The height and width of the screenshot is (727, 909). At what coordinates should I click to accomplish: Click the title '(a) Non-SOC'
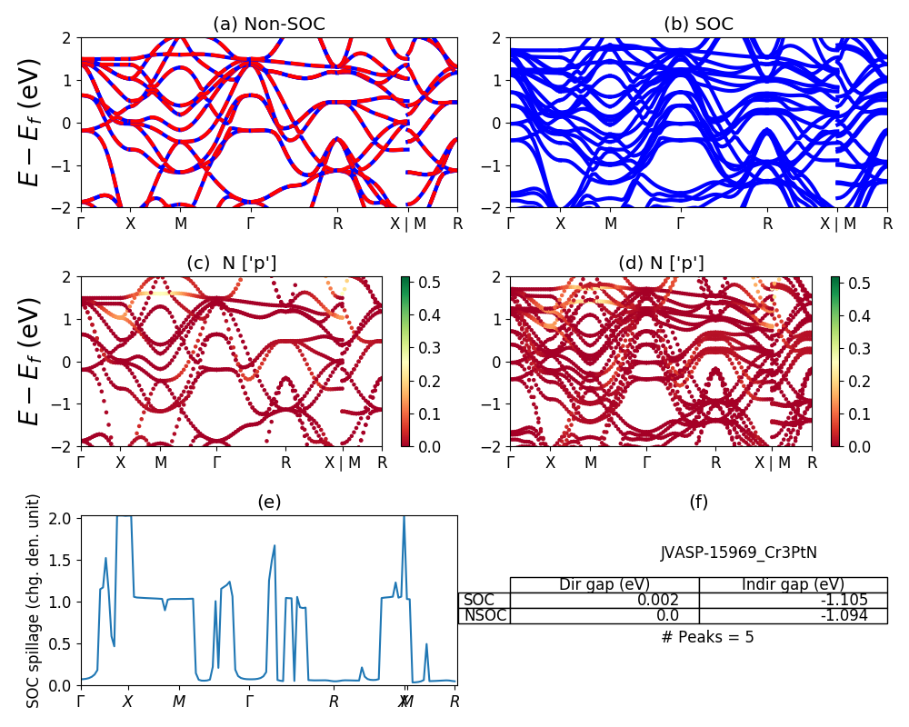(x=268, y=25)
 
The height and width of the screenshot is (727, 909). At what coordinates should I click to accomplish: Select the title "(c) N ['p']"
(x=231, y=263)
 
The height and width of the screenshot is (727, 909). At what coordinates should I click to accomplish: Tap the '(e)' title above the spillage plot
(x=268, y=502)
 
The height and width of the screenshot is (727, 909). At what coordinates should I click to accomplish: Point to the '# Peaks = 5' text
(x=707, y=637)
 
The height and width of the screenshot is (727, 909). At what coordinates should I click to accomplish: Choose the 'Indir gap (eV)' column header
(x=793, y=584)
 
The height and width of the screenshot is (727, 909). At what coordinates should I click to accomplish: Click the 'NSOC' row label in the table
(x=484, y=615)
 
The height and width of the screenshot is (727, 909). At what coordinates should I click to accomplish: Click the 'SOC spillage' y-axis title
(x=34, y=601)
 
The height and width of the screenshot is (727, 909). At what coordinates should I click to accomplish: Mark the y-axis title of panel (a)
(x=31, y=122)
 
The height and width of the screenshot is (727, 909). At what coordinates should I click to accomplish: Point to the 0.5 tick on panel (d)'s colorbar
(x=860, y=283)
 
